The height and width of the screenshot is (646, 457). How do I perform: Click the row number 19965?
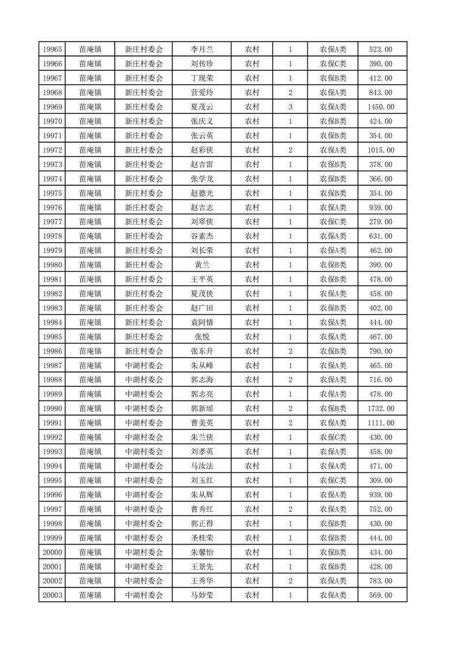click(x=52, y=50)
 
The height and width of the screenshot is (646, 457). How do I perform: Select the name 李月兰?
click(x=202, y=50)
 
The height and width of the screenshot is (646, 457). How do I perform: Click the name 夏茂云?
click(x=202, y=107)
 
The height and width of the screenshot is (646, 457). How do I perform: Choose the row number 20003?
click(x=52, y=595)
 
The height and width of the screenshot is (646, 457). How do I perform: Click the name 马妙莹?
click(x=202, y=595)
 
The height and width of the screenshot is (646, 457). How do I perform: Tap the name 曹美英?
click(x=202, y=423)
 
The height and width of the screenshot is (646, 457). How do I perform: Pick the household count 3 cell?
click(x=290, y=107)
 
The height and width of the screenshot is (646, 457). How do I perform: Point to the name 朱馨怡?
click(x=202, y=552)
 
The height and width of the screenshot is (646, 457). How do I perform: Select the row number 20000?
click(x=52, y=552)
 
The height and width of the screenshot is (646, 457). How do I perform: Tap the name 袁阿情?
click(x=202, y=322)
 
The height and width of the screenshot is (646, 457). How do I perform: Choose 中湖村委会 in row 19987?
click(x=144, y=366)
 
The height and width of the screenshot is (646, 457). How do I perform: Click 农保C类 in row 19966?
click(x=333, y=64)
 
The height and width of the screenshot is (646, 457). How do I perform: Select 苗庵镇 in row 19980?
click(x=90, y=265)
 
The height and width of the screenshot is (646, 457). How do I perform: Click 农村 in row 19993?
click(x=252, y=451)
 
